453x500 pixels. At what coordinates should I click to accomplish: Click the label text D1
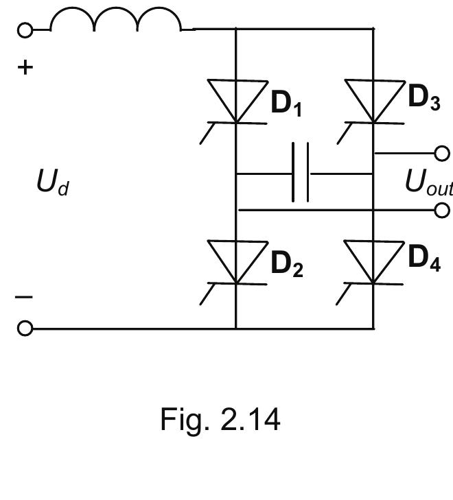pos(287,104)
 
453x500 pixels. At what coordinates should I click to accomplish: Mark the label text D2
pos(287,264)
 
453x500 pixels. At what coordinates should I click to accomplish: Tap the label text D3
pos(424,98)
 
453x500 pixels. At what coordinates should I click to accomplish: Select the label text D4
pos(424,259)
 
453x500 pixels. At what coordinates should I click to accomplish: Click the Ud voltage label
pos(52,183)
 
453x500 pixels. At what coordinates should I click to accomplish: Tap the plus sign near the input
pos(25,68)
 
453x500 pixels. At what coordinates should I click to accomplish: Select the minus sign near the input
pos(24,297)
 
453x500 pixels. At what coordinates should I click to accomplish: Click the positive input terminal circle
pos(25,29)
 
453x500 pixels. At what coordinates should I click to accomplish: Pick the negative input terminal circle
pos(25,329)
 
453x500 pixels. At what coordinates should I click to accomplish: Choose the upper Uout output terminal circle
pos(443,152)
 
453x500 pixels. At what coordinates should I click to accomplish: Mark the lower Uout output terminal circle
pos(443,210)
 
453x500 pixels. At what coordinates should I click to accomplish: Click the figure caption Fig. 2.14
pos(220,418)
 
